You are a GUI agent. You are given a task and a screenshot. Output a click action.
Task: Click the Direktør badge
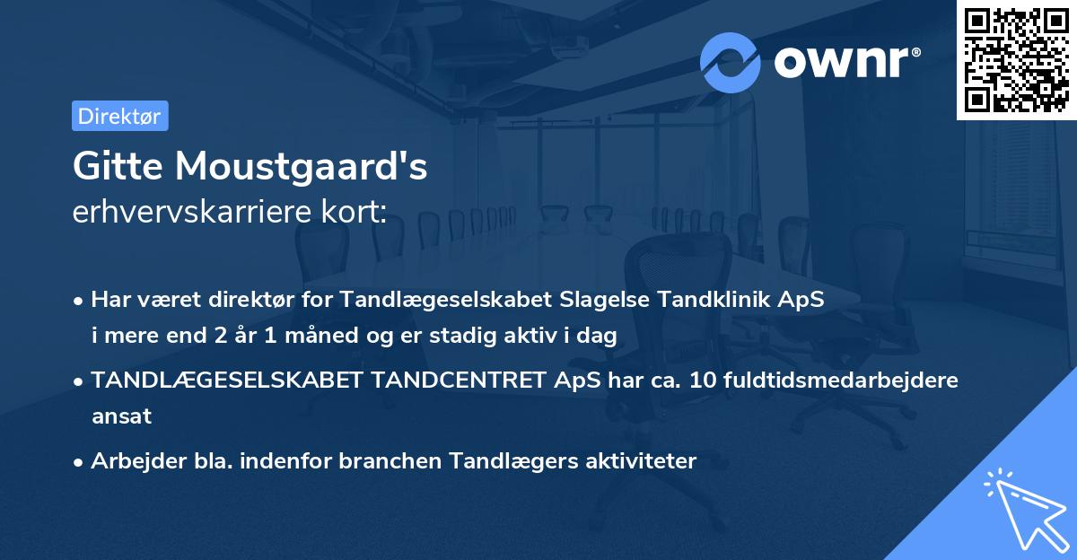(119, 116)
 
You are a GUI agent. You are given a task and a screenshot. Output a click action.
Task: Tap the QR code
(1016, 60)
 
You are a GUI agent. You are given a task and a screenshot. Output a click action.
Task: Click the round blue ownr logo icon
(730, 62)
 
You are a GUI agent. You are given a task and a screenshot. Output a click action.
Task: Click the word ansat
(121, 416)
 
